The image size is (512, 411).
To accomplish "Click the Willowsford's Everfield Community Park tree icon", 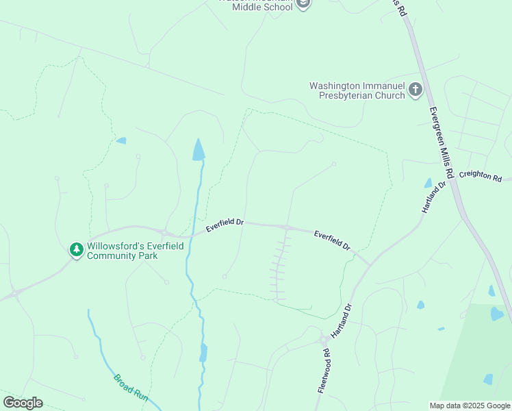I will pos(76,251).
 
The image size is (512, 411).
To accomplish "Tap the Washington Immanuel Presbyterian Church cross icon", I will pos(415,90).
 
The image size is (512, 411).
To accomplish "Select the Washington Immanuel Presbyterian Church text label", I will pos(357,91).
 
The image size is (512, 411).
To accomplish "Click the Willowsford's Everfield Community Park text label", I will pos(135,251).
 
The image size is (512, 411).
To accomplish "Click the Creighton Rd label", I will pos(480,176).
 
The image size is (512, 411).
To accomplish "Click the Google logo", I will pos(23,403).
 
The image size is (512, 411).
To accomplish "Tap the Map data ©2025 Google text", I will pos(470,406).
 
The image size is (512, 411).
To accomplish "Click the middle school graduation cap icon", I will pos(303,4).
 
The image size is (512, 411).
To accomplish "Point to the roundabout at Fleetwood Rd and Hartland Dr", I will pos(323,339).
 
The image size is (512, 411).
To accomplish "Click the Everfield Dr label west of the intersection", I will pos(225,223).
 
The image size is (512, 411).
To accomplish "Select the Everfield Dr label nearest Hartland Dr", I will pos(332,240).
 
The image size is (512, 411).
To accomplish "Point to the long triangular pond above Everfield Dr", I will pos(199,150).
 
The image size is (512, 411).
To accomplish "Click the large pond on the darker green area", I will pos(497,314).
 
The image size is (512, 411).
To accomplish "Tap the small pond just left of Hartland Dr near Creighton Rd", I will pos(428,184).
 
